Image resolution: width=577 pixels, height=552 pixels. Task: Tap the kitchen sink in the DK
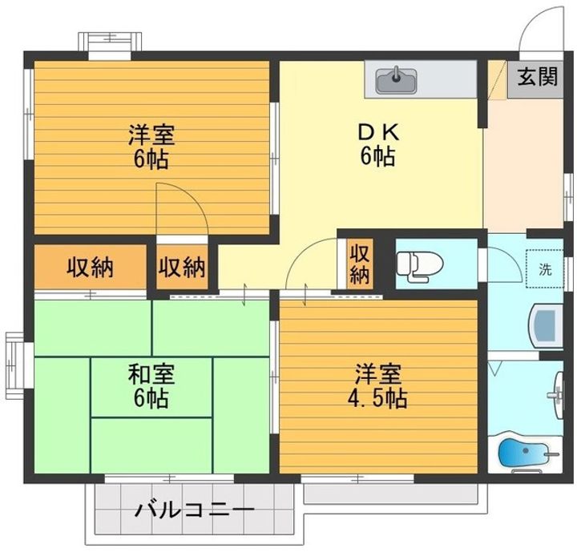coord(396,80)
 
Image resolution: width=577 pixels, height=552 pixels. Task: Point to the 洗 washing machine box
coord(545,268)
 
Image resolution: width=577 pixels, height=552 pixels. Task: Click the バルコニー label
coord(194,510)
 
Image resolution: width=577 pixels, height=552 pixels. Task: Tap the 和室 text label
coord(151,374)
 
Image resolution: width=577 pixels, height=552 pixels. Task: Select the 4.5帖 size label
coord(378,397)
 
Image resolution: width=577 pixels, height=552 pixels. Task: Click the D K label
coord(377,131)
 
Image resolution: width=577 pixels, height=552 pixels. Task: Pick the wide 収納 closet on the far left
coord(89,267)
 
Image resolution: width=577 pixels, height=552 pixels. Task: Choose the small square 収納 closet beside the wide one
coord(181,267)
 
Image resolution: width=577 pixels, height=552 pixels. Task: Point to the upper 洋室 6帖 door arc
coord(183,207)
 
